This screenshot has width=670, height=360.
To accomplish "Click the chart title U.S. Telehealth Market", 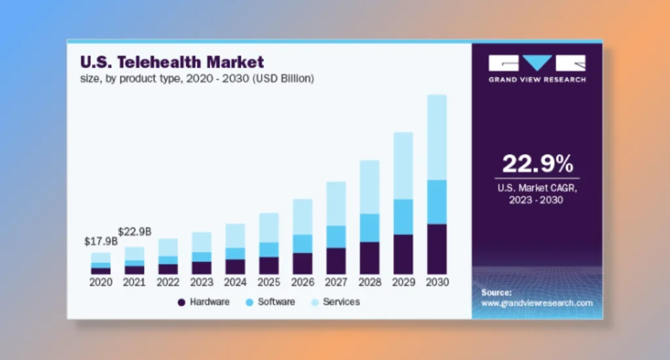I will coord(171,63).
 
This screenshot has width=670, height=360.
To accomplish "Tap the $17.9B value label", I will coord(101,242).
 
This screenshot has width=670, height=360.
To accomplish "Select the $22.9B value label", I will coord(135,232).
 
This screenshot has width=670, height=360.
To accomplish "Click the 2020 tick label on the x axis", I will coord(101,283).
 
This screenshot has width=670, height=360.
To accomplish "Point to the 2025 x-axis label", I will coord(269,283).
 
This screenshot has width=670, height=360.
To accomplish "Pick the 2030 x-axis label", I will coord(436,283).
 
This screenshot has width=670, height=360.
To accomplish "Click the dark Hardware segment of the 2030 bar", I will coord(436,249).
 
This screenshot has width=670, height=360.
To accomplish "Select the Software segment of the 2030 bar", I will coord(436,202).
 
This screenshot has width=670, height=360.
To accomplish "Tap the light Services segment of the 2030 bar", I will coord(436,137).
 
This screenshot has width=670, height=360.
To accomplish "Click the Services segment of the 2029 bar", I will coord(403,166).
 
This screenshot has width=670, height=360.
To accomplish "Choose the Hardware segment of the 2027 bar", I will coord(336,261).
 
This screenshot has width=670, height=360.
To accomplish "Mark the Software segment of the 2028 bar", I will coord(370,228).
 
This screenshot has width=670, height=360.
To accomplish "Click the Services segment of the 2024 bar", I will coord(235,236).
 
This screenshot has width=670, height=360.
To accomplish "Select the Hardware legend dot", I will coord(181,302).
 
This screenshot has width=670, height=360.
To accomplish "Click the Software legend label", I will coord(276,302).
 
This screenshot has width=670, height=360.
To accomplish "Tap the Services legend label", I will coord(341,302).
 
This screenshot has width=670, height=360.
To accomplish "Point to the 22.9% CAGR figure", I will coord(537,164).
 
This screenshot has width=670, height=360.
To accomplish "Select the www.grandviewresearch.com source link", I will coord(537,303).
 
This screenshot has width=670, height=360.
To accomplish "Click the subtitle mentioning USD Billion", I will coord(197,79).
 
